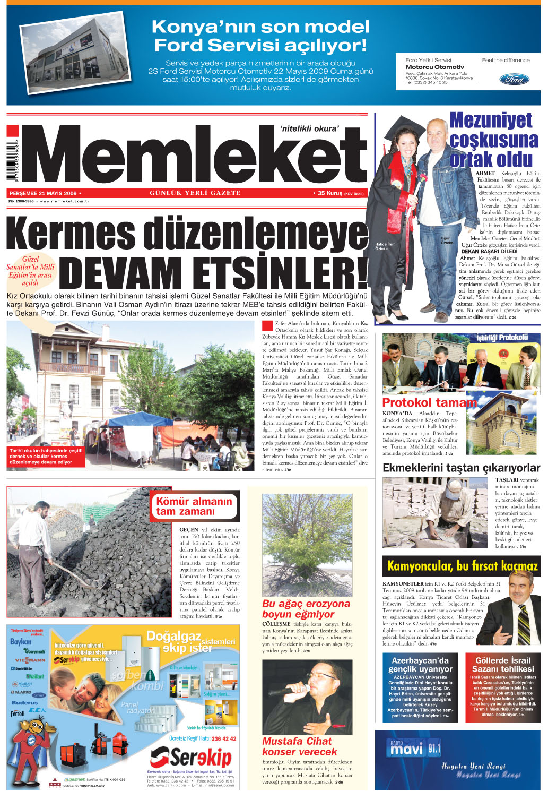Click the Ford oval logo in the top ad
(514, 80)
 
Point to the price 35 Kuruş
(330, 193)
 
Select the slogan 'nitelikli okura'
(309, 128)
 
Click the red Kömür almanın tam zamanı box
(194, 506)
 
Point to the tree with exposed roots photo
(307, 544)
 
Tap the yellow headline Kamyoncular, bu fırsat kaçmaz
(462, 566)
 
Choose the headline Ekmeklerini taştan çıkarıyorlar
(461, 468)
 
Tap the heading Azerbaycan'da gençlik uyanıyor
(420, 665)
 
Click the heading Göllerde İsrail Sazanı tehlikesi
(502, 665)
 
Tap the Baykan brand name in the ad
(21, 641)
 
